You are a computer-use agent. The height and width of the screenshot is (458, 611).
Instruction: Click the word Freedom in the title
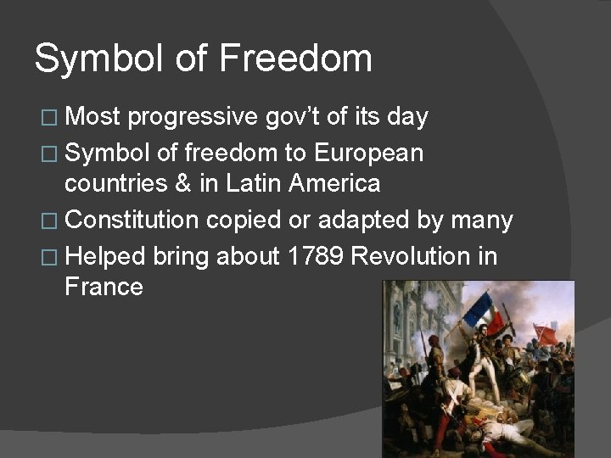tap(295, 59)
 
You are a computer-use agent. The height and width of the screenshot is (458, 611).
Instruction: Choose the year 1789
tap(316, 255)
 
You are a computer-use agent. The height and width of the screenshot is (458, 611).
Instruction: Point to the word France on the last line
tap(104, 287)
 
